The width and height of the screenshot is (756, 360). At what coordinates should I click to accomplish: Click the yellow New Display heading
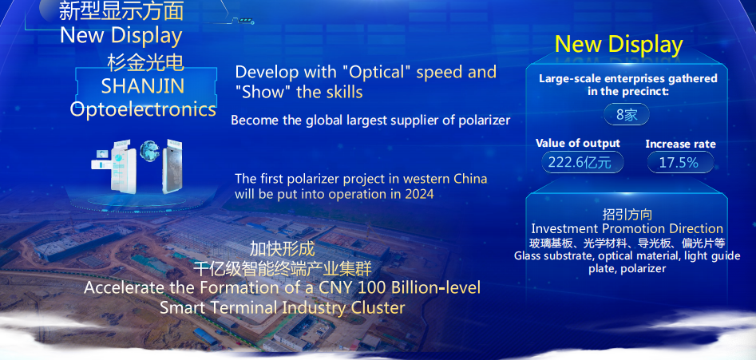pos(619,45)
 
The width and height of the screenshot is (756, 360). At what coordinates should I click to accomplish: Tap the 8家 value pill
pos(627,115)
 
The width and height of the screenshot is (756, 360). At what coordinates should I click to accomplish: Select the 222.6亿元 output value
pos(583,162)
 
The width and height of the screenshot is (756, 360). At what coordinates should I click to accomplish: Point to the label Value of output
pos(578,143)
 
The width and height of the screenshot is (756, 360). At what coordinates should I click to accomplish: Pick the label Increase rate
pos(680,144)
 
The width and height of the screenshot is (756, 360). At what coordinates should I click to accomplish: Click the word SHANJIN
pos(143,86)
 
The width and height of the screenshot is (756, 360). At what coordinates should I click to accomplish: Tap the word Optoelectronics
pos(143,109)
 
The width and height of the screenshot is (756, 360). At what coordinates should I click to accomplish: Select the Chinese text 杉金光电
pos(145,63)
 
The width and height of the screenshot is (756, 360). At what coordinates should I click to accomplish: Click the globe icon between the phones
pos(149,151)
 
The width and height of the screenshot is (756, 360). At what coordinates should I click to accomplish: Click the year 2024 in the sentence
pos(419,194)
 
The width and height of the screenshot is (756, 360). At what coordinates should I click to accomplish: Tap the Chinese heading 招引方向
pos(627,215)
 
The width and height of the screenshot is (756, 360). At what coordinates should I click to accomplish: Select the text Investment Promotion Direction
pos(627,228)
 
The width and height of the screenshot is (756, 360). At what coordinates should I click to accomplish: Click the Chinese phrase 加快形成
pos(282,249)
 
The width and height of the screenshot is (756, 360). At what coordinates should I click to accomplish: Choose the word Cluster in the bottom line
pos(378,307)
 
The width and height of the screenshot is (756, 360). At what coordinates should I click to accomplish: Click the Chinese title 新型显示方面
pos(121,11)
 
